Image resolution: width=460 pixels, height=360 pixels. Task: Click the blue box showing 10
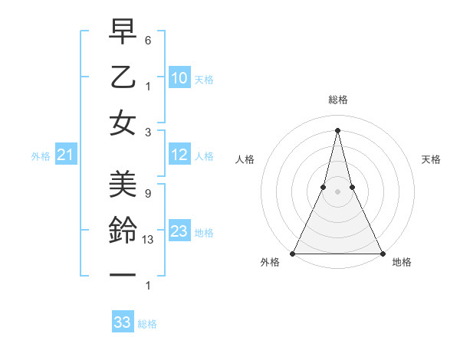(x=179, y=78)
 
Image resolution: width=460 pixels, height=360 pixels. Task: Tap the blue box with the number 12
(x=179, y=155)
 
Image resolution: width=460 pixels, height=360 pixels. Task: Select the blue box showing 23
(x=179, y=231)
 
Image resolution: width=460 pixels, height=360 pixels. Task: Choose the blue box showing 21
(x=66, y=155)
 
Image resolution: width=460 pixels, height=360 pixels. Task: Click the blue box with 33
(x=123, y=322)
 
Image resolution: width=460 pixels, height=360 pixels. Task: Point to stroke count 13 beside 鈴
(x=149, y=240)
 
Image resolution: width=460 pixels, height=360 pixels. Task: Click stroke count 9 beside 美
(x=147, y=194)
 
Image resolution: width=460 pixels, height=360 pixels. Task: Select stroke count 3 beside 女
(x=147, y=132)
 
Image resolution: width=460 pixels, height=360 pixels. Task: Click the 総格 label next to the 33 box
(x=147, y=324)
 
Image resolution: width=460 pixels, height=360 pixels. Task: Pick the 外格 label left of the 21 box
(x=41, y=156)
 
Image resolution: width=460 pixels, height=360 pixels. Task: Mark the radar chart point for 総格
(x=337, y=129)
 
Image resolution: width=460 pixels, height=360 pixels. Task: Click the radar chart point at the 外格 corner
(x=293, y=253)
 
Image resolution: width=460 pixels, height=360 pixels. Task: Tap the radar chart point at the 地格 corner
(x=382, y=253)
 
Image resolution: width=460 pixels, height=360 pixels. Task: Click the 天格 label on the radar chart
(x=432, y=159)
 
